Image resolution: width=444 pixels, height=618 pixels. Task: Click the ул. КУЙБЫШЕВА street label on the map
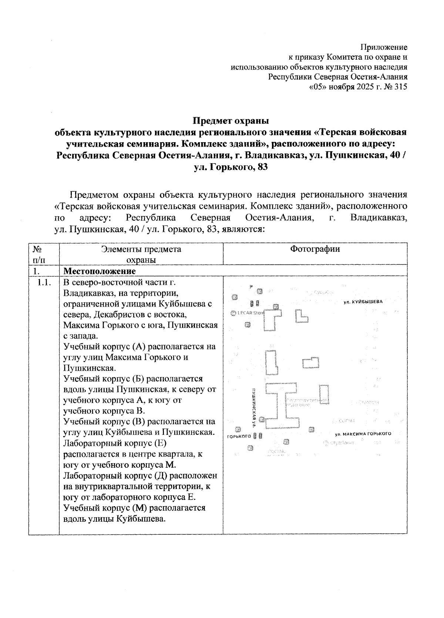363,301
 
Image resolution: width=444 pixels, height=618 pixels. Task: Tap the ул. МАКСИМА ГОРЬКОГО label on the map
363,433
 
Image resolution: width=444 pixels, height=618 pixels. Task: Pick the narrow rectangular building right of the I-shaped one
324,394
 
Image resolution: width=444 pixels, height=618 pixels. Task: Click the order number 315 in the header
401,87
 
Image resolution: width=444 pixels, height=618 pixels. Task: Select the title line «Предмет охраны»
231,121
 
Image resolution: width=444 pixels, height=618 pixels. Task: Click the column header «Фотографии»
315,249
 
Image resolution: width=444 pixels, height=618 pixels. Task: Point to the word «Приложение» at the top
384,47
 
